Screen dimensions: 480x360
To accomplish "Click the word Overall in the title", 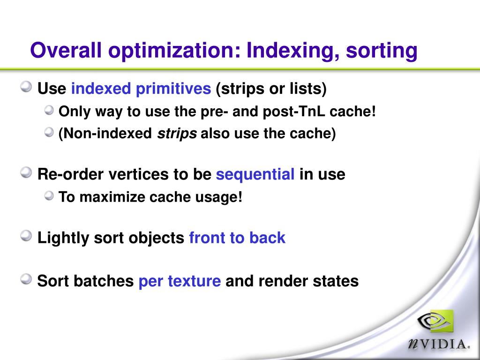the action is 66,50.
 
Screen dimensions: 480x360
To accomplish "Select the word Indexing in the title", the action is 293,51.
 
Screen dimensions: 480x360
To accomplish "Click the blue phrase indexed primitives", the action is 141,89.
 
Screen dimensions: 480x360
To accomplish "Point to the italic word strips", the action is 177,134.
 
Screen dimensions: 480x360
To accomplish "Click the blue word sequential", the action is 255,174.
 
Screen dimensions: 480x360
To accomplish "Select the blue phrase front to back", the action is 237,238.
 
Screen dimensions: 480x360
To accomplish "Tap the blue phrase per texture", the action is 180,281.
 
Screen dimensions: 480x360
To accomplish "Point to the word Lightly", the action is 63,238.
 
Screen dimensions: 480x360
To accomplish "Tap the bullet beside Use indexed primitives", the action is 26,87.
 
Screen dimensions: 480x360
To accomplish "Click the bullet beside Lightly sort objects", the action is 26,236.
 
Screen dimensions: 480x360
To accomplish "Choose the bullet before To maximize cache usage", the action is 49,195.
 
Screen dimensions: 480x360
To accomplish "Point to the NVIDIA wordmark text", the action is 438,344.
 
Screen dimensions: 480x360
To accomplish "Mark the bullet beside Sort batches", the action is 26,279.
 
